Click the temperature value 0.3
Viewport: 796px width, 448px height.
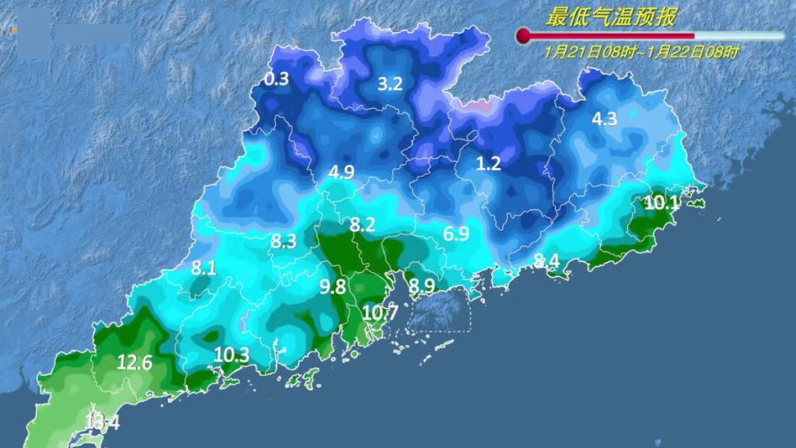pyautogui.click(x=277, y=79)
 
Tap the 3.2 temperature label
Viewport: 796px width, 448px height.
pyautogui.click(x=389, y=84)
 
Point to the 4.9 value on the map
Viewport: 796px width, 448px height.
pyautogui.click(x=341, y=172)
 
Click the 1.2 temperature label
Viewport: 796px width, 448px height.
pyautogui.click(x=488, y=163)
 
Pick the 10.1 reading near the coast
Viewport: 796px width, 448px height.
pyautogui.click(x=662, y=204)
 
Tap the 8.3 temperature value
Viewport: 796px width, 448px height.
pyautogui.click(x=284, y=241)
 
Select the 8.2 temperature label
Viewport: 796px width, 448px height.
pyautogui.click(x=361, y=225)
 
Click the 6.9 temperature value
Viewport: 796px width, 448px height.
pyautogui.click(x=456, y=233)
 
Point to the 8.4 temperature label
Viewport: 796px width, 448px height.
pyautogui.click(x=546, y=260)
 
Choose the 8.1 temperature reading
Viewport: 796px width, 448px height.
pyautogui.click(x=203, y=268)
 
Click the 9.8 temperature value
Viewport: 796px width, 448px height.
pyautogui.click(x=332, y=286)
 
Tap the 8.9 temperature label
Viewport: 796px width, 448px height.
pyautogui.click(x=421, y=286)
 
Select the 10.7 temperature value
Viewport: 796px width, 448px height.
pyautogui.click(x=380, y=313)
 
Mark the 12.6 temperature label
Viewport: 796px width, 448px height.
pyautogui.click(x=134, y=362)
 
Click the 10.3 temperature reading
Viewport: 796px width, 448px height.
pyautogui.click(x=232, y=355)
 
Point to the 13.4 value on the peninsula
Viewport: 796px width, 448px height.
pyautogui.click(x=102, y=422)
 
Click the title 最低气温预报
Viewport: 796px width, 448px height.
pyautogui.click(x=612, y=17)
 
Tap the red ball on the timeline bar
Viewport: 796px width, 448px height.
pyautogui.click(x=524, y=36)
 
